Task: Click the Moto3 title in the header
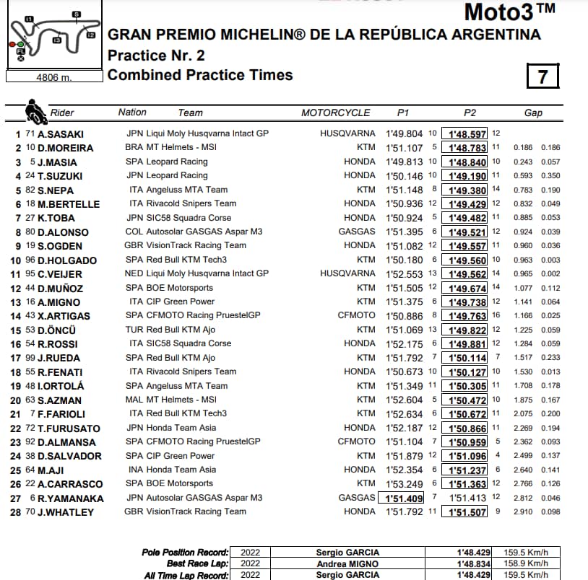509,12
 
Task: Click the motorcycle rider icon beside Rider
35,111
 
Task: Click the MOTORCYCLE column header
335,113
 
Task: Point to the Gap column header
533,113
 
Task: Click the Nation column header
132,113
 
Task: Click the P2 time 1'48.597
467,134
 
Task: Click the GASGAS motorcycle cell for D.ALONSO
357,232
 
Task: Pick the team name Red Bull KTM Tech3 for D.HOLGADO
186,260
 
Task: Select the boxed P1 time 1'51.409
402,498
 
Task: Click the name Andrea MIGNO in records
347,563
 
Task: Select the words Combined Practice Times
200,75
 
